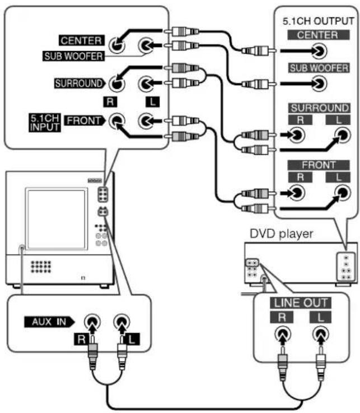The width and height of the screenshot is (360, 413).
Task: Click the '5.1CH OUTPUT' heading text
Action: click(x=318, y=21)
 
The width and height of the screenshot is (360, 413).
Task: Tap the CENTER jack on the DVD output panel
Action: click(x=319, y=51)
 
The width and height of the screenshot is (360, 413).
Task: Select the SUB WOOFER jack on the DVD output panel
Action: click(x=319, y=83)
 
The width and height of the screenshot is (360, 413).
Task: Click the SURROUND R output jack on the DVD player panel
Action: click(x=297, y=135)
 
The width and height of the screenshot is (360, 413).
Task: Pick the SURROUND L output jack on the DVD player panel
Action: click(x=343, y=135)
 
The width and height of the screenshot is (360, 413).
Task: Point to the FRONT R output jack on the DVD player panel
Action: click(x=297, y=193)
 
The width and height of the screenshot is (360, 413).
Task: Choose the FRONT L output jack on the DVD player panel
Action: click(x=343, y=193)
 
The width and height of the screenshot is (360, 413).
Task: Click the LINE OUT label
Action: click(x=301, y=303)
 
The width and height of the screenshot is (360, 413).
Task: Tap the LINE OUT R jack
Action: click(x=283, y=334)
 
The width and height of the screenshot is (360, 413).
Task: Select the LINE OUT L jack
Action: click(x=320, y=334)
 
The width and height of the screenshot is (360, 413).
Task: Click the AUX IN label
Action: click(x=49, y=322)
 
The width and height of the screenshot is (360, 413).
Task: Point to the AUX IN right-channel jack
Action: click(x=92, y=322)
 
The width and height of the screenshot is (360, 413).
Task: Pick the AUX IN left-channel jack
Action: click(x=121, y=322)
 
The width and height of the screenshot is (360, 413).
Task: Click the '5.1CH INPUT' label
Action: click(x=45, y=123)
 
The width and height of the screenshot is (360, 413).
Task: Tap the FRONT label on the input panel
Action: click(x=84, y=120)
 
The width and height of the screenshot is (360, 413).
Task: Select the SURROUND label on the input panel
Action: click(x=80, y=83)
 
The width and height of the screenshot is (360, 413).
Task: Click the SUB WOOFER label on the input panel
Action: click(x=73, y=56)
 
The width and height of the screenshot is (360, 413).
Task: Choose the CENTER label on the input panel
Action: click(x=82, y=40)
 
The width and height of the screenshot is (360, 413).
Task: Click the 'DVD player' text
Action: click(x=281, y=234)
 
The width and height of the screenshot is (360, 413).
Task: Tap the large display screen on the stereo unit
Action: click(x=57, y=219)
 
